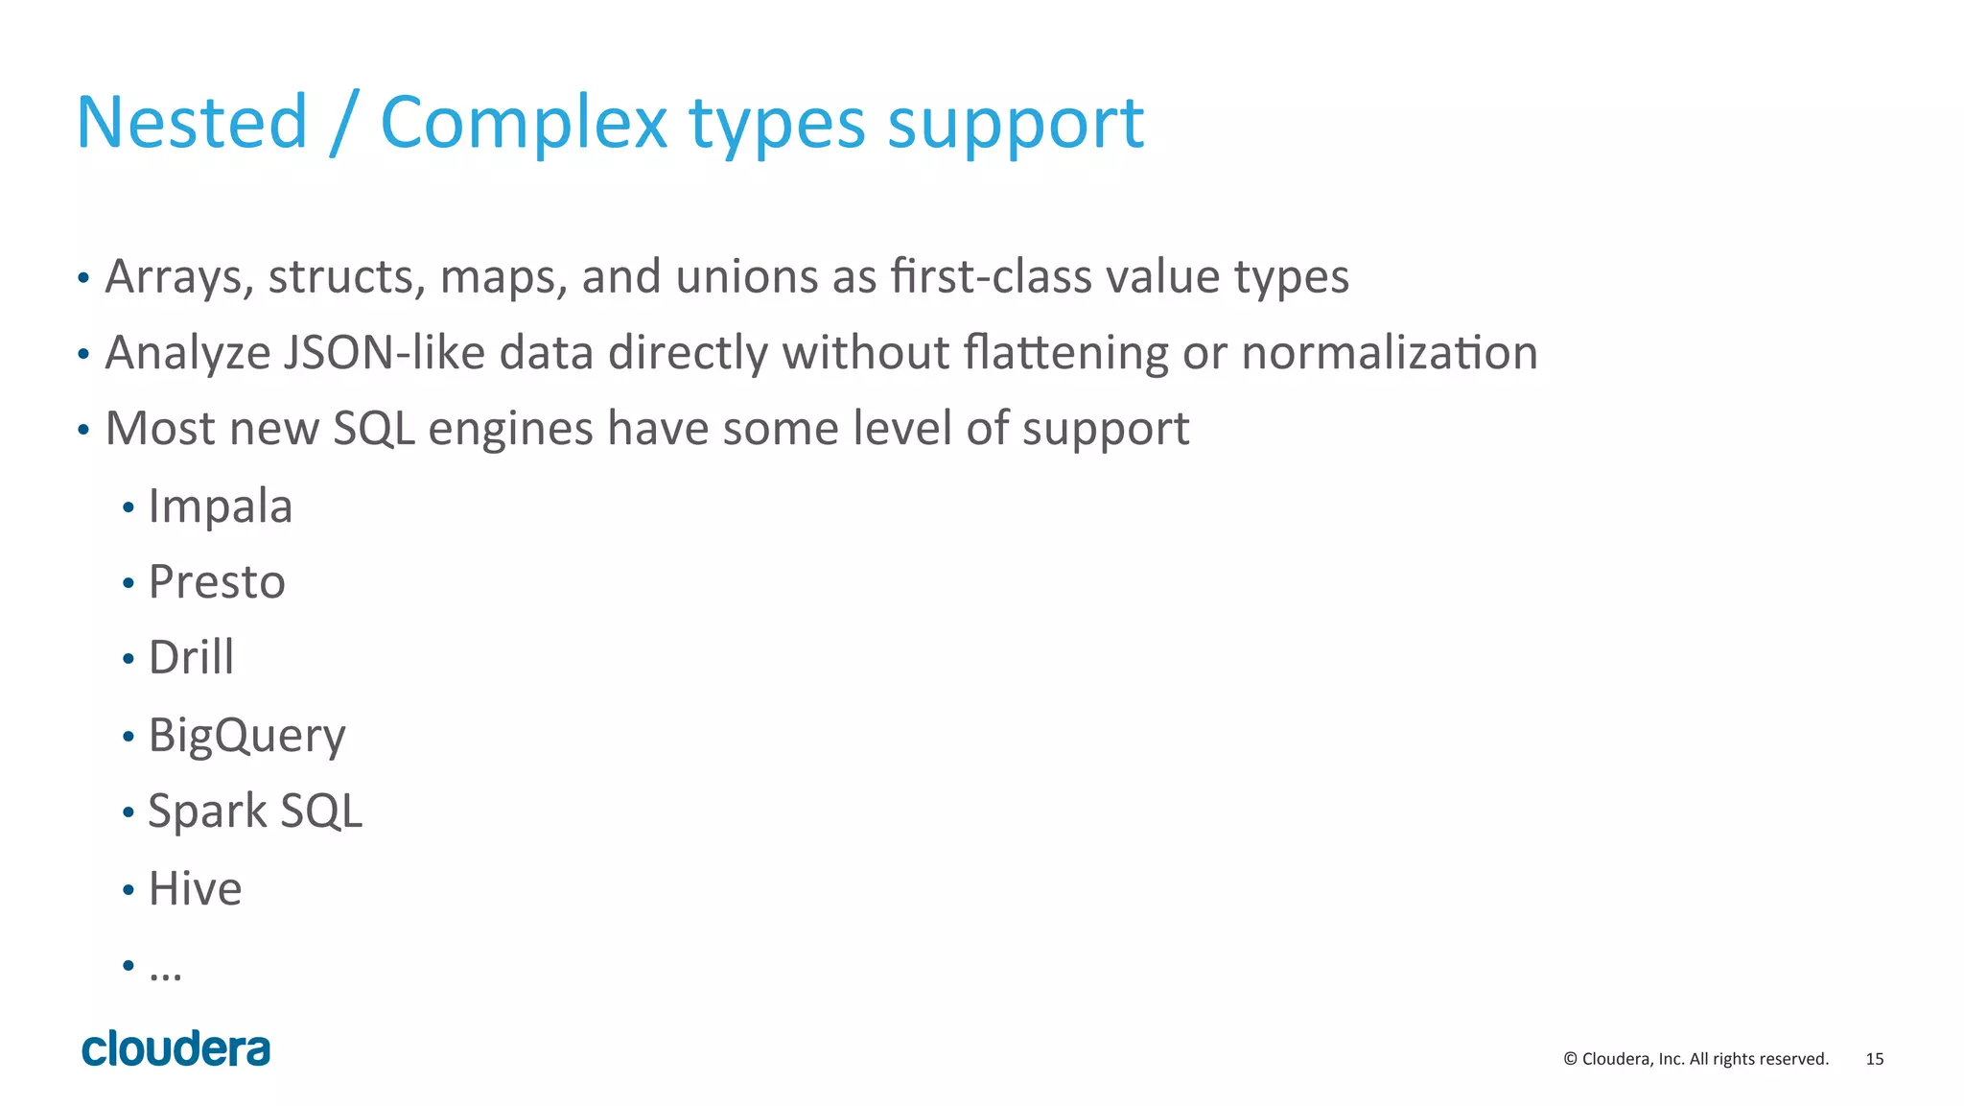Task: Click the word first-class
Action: click(x=992, y=277)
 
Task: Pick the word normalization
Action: click(x=1390, y=352)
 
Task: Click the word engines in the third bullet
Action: click(x=510, y=428)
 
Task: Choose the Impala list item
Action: click(x=220, y=506)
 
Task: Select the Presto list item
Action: click(x=217, y=582)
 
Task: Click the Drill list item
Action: click(x=191, y=658)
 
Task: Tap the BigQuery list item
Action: click(x=246, y=736)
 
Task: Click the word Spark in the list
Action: click(x=207, y=812)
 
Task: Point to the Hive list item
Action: click(x=195, y=888)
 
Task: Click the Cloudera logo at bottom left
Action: click(x=176, y=1049)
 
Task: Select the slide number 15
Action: click(x=1874, y=1059)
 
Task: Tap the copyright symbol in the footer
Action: click(x=1570, y=1059)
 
